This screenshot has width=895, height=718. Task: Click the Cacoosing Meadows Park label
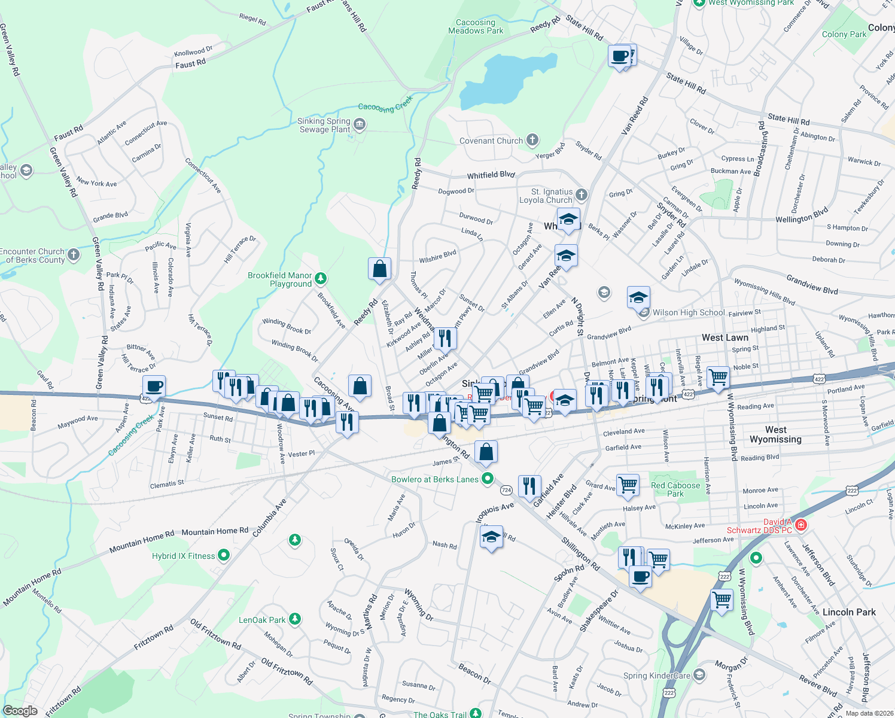point(476,27)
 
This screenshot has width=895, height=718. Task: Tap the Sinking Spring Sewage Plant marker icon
point(360,124)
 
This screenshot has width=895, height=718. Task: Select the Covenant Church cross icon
point(532,141)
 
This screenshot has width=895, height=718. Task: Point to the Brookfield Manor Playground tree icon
point(321,279)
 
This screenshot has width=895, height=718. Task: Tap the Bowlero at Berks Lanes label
point(435,479)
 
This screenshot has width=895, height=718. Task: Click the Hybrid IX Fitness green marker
point(224,555)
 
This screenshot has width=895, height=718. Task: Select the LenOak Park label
point(262,620)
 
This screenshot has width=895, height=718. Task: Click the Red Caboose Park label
point(675,489)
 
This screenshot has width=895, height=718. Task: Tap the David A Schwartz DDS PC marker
point(801,525)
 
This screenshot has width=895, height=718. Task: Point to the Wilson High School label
point(689,312)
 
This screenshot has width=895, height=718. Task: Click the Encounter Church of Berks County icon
point(74,255)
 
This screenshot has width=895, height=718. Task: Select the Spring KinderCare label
point(656,676)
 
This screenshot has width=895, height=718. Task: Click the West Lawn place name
point(725,337)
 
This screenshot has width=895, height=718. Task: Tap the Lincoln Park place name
point(849,612)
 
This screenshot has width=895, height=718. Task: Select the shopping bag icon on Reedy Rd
point(379,269)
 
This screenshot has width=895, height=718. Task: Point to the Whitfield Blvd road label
point(491,175)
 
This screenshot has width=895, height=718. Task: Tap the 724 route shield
point(506,490)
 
